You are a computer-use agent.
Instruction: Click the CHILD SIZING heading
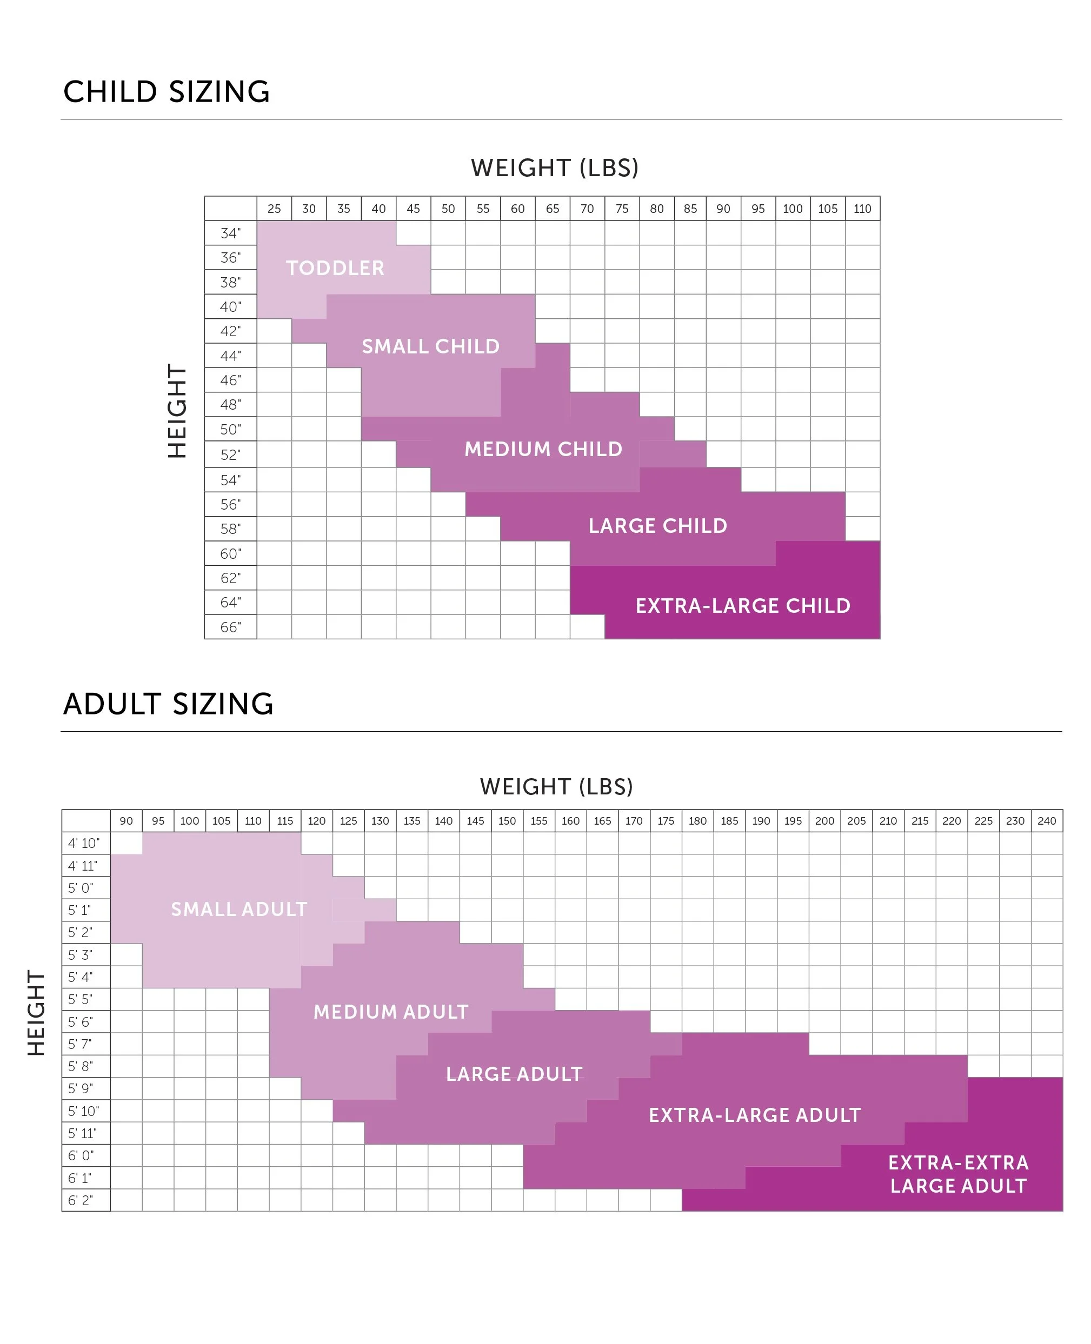coord(167,92)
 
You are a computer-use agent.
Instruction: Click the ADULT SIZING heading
coord(169,704)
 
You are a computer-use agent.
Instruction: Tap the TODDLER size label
coord(335,268)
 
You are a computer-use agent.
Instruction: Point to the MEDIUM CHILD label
coord(543,449)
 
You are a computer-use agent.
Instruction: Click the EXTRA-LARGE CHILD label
coord(743,605)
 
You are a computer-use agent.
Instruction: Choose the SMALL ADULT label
coord(239,909)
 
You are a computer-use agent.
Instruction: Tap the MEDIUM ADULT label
coord(391,1012)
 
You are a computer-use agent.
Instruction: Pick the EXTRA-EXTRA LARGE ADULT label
coord(959,1174)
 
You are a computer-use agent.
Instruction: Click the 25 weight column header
coord(274,209)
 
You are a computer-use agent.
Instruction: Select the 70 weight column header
coord(587,209)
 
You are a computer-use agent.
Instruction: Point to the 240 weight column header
coord(1046,821)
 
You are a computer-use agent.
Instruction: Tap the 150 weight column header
coord(507,821)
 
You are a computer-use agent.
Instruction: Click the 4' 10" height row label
coord(84,843)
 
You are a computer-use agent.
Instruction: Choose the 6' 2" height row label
coord(81,1200)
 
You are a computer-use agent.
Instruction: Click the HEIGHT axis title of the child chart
coord(177,411)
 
